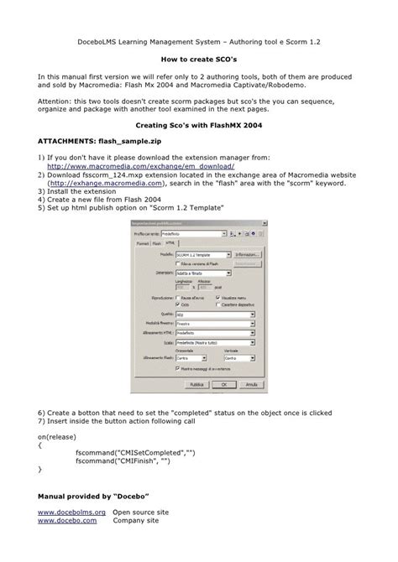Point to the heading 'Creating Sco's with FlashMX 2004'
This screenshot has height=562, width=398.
199,123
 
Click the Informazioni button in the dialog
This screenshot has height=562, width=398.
247,253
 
